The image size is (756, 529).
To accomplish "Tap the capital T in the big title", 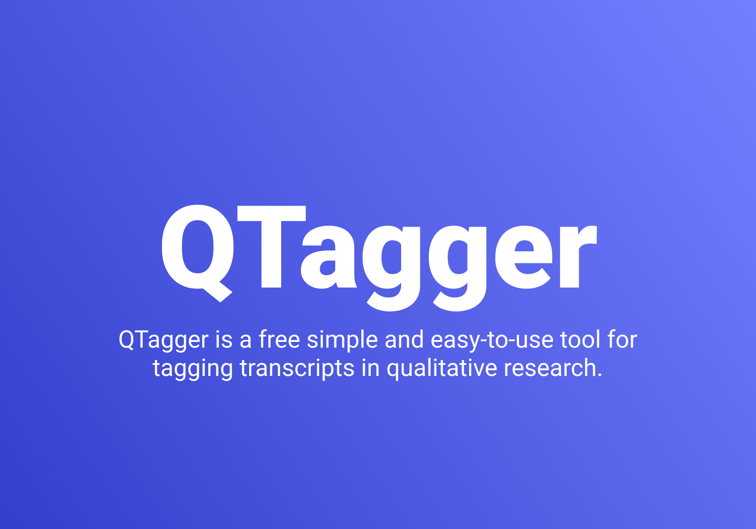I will click(x=271, y=246).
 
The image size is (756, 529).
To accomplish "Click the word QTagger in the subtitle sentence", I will click(x=163, y=340).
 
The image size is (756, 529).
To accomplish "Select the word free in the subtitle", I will click(x=279, y=339).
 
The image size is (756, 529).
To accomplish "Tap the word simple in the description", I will click(x=342, y=340).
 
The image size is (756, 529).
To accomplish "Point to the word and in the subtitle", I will click(x=404, y=339).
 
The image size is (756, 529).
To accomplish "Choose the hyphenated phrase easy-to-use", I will click(x=492, y=340).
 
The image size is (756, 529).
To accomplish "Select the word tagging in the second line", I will click(x=192, y=368).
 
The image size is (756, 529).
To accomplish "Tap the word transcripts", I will click(x=297, y=368).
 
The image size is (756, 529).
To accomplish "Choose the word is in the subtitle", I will click(x=224, y=339).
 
